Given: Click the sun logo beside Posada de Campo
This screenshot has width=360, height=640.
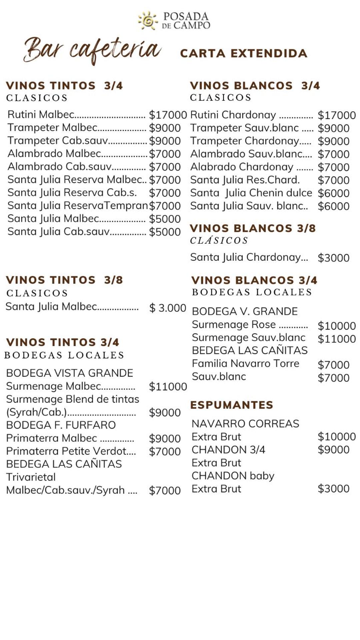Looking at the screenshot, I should pyautogui.click(x=148, y=21).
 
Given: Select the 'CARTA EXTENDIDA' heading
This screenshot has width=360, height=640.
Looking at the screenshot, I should pyautogui.click(x=243, y=53).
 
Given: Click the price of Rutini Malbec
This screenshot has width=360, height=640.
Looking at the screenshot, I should pyautogui.click(x=168, y=115).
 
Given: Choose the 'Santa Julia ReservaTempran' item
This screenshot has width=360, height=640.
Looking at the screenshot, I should pyautogui.click(x=77, y=206).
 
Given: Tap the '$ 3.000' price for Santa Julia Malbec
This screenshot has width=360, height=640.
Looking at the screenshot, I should pyautogui.click(x=167, y=308).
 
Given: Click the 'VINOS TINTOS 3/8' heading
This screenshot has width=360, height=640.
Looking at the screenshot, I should pyautogui.click(x=64, y=280).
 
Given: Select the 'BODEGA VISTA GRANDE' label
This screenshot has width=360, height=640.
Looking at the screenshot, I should pyautogui.click(x=69, y=373).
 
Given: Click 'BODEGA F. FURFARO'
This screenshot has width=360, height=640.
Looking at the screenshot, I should pyautogui.click(x=61, y=425).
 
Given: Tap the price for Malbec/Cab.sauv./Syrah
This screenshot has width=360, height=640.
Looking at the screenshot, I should pyautogui.click(x=165, y=491).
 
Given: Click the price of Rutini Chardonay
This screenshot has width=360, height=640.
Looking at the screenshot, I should pyautogui.click(x=337, y=115).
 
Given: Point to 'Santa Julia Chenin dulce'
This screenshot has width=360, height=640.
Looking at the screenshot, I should pyautogui.click(x=251, y=193).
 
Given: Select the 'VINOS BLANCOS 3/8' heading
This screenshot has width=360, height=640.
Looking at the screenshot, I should pyautogui.click(x=253, y=228).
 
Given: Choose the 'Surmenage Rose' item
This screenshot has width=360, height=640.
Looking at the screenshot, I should pyautogui.click(x=234, y=325).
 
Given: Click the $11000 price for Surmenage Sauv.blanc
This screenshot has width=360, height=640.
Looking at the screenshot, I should pyautogui.click(x=337, y=339).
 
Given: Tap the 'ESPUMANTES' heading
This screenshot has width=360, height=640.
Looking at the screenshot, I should pyautogui.click(x=232, y=405).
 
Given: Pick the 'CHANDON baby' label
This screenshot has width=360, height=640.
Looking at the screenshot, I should pyautogui.click(x=233, y=476).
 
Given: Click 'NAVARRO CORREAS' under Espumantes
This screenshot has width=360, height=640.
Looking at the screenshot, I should pyautogui.click(x=245, y=424).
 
